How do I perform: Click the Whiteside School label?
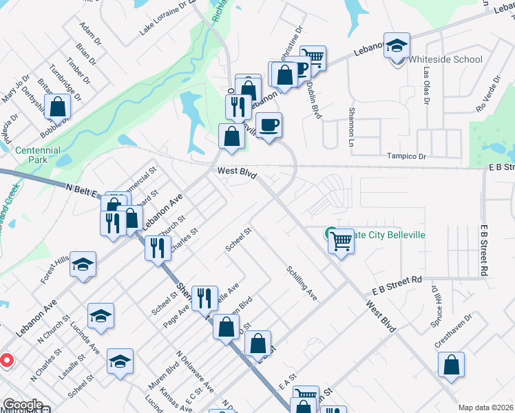[445, 59]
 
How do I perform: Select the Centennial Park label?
[38, 155]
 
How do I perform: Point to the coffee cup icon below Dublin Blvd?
[270, 125]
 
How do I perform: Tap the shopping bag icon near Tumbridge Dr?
[58, 107]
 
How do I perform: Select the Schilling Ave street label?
[302, 283]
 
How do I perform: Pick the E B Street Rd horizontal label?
[396, 281]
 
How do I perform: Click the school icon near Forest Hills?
[83, 265]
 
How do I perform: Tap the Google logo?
[23, 405]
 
